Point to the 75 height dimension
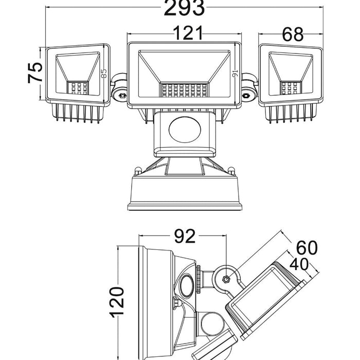[x=35, y=73]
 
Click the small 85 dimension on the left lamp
[x=104, y=73]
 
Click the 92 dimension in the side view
[x=184, y=237]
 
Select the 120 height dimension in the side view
[x=117, y=301]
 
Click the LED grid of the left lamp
[x=79, y=88]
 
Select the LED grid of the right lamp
[x=290, y=88]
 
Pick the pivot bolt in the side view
[x=226, y=279]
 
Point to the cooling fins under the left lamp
[x=78, y=114]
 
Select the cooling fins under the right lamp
[x=291, y=114]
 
